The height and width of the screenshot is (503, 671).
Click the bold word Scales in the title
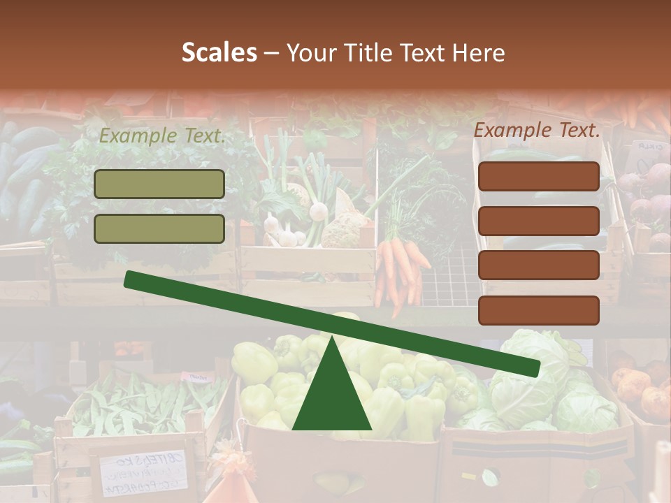coord(219,53)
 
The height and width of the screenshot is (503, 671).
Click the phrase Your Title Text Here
coord(396,53)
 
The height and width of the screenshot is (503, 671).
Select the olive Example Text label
coord(161,136)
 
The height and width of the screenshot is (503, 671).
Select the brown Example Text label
coord(537,130)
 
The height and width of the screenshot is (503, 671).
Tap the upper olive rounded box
coord(159,184)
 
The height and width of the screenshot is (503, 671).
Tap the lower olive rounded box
coord(159,228)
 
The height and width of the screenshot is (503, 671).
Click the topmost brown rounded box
coord(538,176)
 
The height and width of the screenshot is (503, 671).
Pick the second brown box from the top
coord(538,221)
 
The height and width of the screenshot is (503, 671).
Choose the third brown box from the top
coord(538,265)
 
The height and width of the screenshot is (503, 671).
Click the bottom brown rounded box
coord(538,310)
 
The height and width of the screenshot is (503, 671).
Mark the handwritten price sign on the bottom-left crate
coord(144,472)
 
